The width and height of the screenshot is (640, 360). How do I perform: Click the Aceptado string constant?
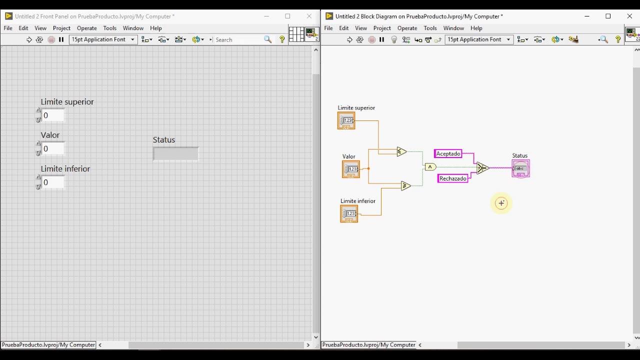coord(447,153)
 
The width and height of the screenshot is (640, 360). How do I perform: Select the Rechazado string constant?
coord(452,178)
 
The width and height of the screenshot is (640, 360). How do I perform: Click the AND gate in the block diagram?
coord(430,167)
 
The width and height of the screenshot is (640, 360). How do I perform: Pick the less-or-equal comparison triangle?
coord(401,151)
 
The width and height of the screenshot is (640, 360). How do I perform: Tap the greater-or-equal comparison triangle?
coord(405,185)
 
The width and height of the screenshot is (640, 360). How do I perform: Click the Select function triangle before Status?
coord(482,168)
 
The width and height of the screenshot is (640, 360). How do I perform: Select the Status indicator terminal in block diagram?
coord(520,168)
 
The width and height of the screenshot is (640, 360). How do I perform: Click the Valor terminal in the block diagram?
coord(351,169)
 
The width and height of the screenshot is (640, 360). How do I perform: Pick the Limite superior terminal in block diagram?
coord(346,120)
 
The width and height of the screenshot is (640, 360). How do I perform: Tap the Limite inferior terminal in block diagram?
coord(349,213)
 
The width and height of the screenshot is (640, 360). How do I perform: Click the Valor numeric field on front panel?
coord(53,149)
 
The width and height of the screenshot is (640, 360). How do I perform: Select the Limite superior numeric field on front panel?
coord(53,115)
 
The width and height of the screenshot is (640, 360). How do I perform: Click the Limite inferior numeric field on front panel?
coord(53,182)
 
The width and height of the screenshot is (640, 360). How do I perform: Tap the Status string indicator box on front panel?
coord(175,153)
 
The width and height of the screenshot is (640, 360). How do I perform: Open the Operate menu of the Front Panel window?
coord(87,28)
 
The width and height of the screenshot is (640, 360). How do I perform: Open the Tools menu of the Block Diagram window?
coord(430,28)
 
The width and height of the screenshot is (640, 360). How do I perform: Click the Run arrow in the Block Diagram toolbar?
coord(349,39)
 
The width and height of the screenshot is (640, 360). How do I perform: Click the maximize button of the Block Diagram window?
coord(608,16)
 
